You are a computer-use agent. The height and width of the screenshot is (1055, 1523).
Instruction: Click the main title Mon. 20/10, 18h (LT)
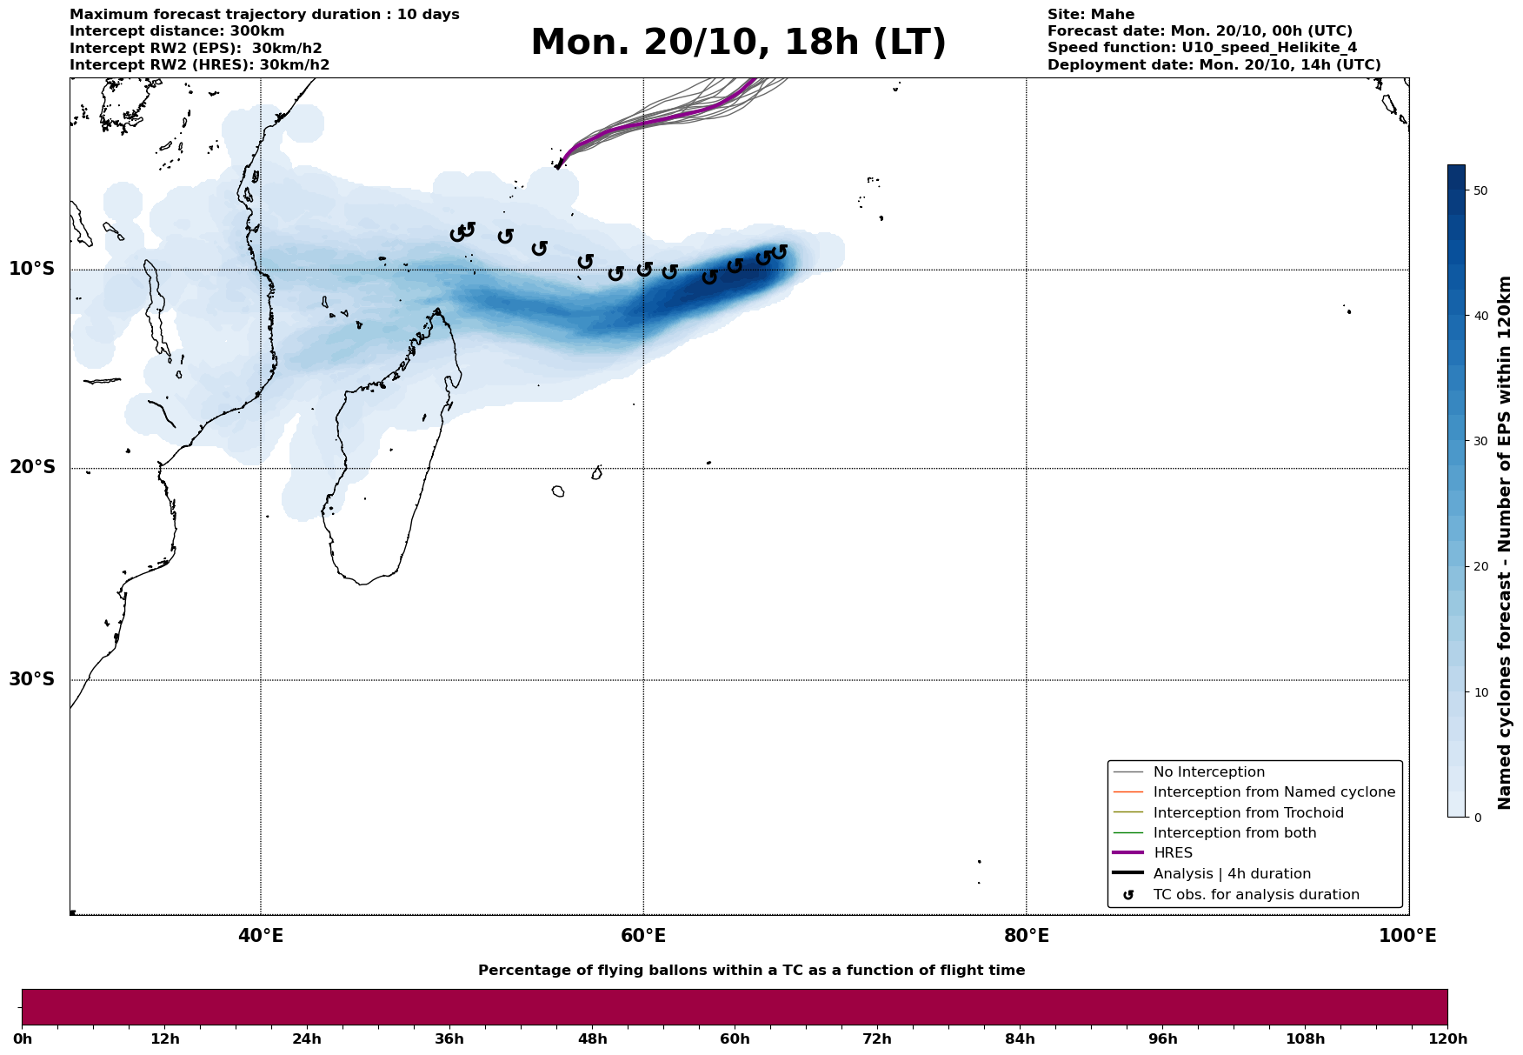(738, 43)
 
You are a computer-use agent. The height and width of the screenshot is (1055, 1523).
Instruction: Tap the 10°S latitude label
(32, 269)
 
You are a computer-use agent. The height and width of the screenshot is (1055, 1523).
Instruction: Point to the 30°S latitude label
(32, 679)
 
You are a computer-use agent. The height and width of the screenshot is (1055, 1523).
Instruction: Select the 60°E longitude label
(643, 936)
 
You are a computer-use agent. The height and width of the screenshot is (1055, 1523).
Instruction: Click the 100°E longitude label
(1407, 936)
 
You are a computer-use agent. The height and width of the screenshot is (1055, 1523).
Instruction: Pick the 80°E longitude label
(1026, 936)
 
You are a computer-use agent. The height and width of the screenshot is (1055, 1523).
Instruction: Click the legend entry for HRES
(1173, 853)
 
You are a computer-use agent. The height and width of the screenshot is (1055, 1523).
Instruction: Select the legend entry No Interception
(1208, 772)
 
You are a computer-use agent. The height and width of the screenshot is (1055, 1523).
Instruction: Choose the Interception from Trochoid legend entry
(1247, 813)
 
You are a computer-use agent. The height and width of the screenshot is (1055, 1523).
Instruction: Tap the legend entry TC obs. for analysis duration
(1255, 895)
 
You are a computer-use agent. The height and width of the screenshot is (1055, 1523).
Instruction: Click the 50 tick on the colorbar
(1481, 190)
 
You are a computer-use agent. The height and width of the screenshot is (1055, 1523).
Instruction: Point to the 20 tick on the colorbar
(1481, 567)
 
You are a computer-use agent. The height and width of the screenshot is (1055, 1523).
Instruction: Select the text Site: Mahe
(1090, 15)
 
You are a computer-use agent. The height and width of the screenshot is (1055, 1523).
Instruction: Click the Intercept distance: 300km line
(176, 31)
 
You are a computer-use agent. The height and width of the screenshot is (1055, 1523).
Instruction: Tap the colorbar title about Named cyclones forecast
(1505, 543)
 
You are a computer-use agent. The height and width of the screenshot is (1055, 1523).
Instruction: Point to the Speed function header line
(1201, 48)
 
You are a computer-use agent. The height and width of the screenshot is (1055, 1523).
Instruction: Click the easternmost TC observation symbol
(779, 252)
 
